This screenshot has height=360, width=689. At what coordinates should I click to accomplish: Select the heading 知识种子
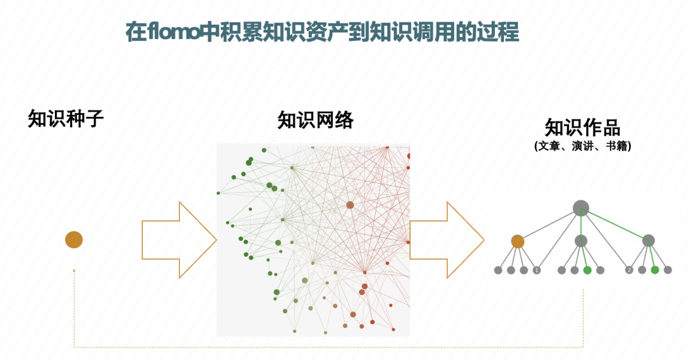(65, 119)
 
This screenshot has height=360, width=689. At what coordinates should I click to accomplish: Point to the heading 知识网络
(315, 120)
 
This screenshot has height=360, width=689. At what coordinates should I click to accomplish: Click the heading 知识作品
(582, 126)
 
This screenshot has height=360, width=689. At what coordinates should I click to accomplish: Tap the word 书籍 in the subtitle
(616, 146)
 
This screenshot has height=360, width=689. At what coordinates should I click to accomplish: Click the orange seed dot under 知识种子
(74, 240)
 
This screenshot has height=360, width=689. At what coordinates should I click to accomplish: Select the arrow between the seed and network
(179, 240)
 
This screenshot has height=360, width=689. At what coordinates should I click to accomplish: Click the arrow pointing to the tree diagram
(447, 240)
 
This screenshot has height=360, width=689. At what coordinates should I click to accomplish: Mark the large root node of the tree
(581, 207)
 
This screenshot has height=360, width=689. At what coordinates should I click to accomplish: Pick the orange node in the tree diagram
(517, 241)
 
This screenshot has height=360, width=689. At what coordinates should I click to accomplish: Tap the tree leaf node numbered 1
(537, 270)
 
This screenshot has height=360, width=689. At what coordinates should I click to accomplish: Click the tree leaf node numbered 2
(629, 270)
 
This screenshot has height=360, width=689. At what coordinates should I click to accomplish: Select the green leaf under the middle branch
(587, 270)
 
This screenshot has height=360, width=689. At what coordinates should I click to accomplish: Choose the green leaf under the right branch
(655, 270)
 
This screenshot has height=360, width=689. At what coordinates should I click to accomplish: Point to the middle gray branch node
(581, 241)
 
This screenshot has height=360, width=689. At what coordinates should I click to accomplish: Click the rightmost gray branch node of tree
(648, 241)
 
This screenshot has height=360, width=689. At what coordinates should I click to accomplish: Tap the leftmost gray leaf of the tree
(498, 270)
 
